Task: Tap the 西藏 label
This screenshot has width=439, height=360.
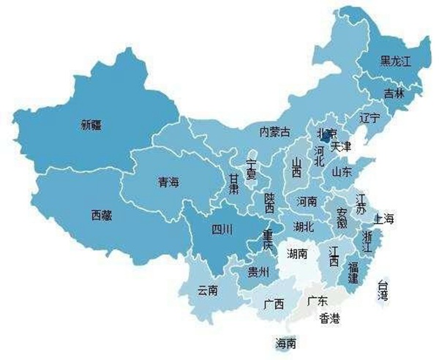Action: (102, 215)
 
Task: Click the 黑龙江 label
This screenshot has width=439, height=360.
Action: (396, 61)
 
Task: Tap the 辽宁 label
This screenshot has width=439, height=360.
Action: (370, 117)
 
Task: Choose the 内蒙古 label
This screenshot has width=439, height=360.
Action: (274, 132)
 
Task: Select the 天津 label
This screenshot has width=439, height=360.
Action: (341, 147)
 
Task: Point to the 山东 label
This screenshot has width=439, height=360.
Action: (342, 172)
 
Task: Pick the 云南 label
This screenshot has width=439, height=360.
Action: (208, 290)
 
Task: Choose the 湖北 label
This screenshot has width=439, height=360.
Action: (303, 225)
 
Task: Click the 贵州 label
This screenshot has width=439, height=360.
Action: (258, 272)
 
